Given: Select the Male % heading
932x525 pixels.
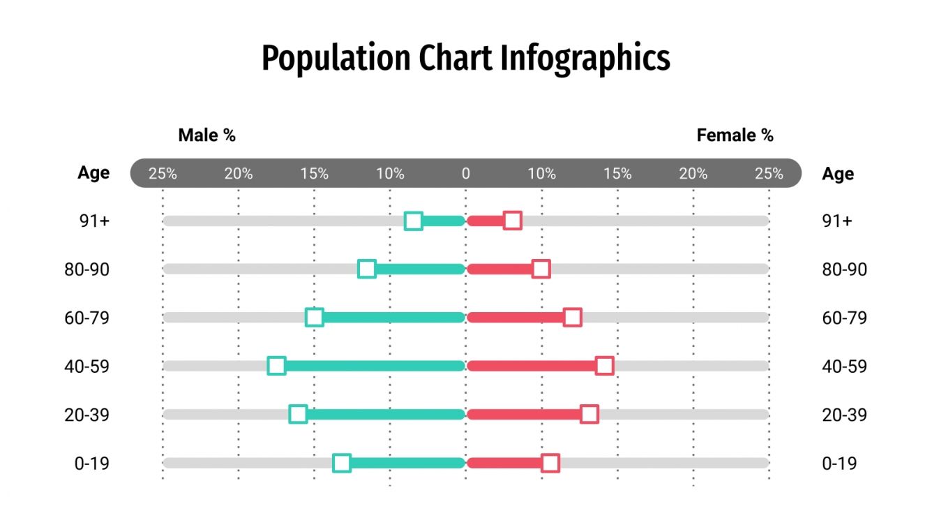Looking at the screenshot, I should click(206, 135).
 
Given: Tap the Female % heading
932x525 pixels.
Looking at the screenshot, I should click(735, 135).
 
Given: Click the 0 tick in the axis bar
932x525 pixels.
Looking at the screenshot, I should click(465, 174).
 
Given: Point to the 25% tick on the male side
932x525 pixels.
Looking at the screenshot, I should click(163, 174).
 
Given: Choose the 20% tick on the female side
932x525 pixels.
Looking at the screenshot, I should click(693, 174).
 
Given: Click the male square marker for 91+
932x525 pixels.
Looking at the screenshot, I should click(414, 221).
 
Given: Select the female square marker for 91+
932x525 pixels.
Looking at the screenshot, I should click(513, 221).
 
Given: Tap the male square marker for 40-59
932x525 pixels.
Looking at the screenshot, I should click(277, 366).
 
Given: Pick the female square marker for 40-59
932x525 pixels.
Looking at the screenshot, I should click(605, 366).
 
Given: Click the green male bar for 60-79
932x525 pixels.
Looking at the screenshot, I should click(391, 318).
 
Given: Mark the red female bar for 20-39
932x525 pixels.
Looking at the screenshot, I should click(523, 415).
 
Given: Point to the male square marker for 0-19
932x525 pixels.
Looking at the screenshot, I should click(341, 463).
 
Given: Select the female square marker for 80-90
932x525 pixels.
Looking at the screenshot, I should click(541, 269).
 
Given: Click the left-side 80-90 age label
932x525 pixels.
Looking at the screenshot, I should click(87, 269).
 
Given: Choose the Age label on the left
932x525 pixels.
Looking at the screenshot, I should click(93, 173).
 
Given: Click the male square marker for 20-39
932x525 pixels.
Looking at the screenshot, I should click(298, 415).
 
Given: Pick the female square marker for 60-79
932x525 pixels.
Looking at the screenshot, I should click(573, 318).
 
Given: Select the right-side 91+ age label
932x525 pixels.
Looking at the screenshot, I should click(837, 221).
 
